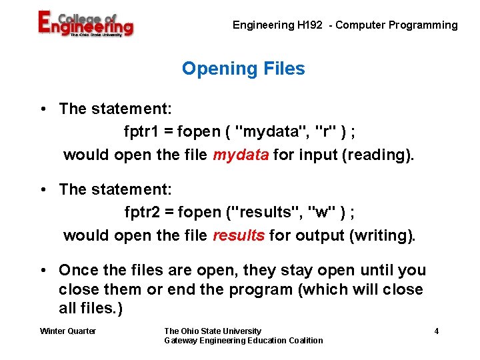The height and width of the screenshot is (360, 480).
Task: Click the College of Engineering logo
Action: (x=85, y=25)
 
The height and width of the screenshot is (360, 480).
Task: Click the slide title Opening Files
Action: (x=243, y=69)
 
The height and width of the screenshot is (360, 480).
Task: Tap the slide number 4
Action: (x=436, y=331)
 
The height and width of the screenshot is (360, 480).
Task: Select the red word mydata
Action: (x=241, y=155)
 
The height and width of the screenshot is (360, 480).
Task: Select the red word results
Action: (x=239, y=235)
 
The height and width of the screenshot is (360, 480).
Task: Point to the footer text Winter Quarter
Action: (x=68, y=331)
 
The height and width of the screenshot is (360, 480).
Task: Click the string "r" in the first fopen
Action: (x=325, y=132)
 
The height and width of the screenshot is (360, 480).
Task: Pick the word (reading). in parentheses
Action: (x=379, y=155)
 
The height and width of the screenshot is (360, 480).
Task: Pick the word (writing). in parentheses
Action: (x=379, y=235)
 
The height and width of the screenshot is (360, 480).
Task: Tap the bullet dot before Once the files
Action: (x=43, y=271)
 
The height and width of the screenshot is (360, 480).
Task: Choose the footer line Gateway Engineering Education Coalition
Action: (x=243, y=341)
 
